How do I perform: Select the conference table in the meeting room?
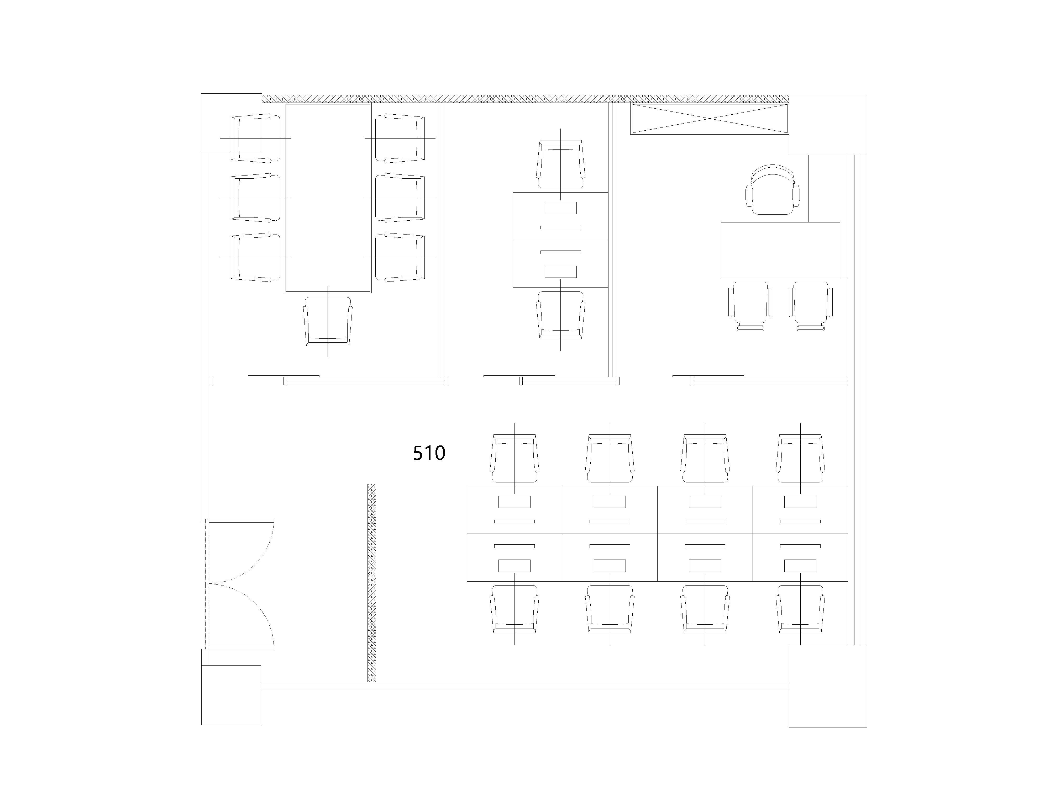328,198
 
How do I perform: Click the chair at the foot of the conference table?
328,322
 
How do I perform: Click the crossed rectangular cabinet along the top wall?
709,119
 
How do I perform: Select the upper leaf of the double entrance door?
240,551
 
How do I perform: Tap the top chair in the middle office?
561,164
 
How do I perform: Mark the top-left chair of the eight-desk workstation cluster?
514,458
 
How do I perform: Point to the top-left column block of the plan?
232,123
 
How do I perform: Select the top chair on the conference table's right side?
400,138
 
